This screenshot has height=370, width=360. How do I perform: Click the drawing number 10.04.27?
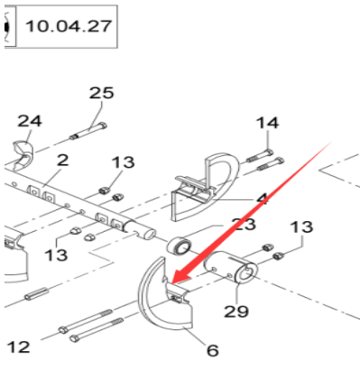(x=69, y=26)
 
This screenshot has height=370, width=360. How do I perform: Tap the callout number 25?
(x=101, y=94)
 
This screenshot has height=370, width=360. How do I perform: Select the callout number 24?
(x=30, y=121)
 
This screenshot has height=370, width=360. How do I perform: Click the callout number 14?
(x=267, y=124)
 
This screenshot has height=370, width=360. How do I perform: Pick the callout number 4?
(x=261, y=198)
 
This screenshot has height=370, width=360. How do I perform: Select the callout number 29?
(x=236, y=310)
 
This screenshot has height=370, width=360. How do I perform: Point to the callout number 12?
(x=18, y=346)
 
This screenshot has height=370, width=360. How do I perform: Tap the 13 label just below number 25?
(x=123, y=162)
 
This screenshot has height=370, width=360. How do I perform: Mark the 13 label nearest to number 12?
(x=56, y=255)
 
